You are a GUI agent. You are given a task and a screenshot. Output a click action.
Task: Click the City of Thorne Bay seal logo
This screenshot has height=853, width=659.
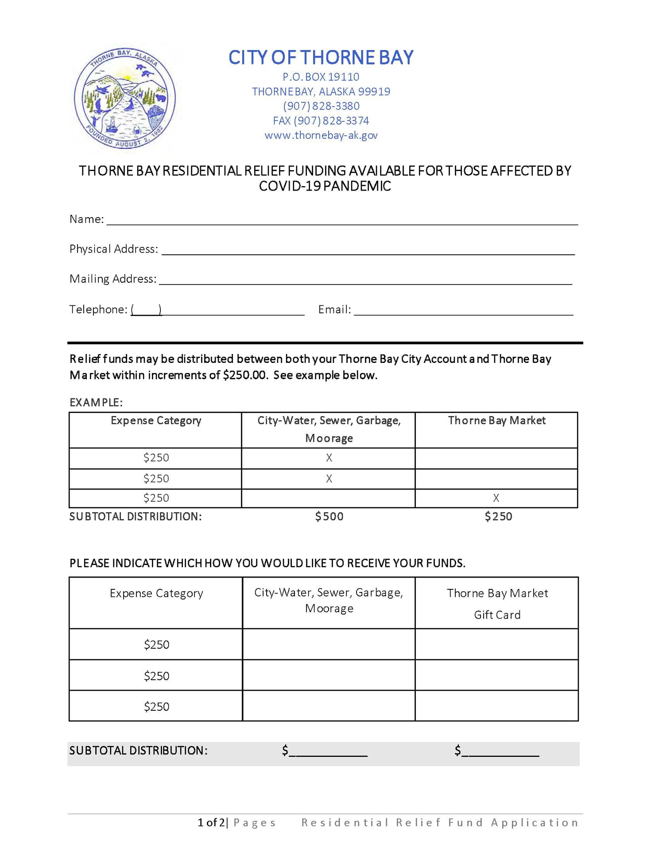pos(124,98)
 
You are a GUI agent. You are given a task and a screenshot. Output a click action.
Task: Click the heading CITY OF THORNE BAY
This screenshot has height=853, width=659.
pos(321,58)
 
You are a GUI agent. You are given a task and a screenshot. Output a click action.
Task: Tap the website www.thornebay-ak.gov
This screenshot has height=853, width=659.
pos(321,136)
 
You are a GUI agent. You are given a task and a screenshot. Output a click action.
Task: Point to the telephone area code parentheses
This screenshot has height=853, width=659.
pos(146,310)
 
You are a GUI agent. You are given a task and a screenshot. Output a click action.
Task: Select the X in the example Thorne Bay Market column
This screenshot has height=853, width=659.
pos(496,498)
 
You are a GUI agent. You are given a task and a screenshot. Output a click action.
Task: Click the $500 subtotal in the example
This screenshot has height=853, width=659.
pos(329,517)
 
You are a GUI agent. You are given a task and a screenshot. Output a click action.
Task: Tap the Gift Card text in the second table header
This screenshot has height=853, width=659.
pos(497,615)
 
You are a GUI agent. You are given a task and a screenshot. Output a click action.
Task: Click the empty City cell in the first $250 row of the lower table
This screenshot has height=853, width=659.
pos(329,644)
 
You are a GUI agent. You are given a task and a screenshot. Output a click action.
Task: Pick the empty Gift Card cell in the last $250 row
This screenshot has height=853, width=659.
pos(496,706)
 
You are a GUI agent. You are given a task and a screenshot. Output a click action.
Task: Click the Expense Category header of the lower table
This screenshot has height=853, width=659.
pos(156,593)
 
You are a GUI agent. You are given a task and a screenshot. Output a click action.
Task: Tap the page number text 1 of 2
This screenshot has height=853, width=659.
pos(211,823)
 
